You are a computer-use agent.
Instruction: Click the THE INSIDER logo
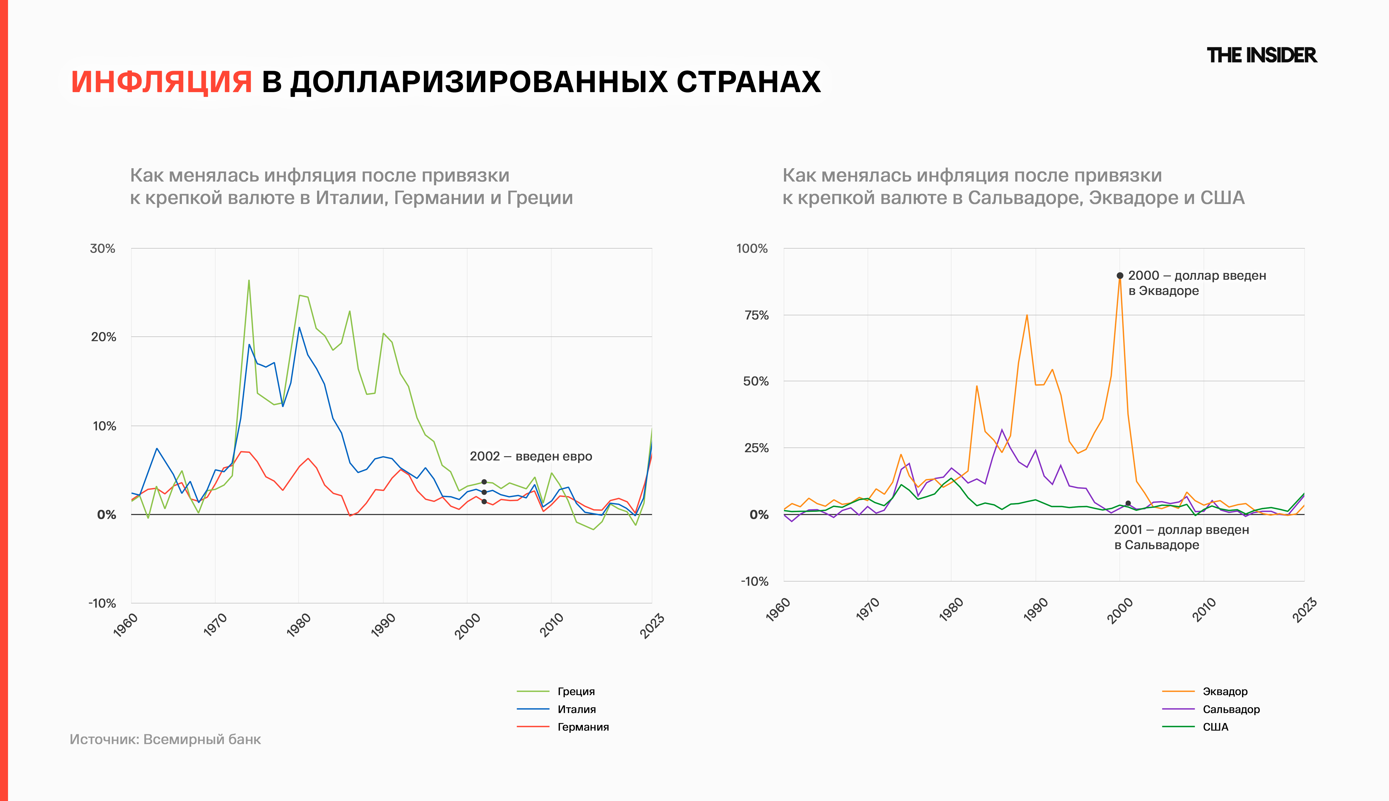(1261, 56)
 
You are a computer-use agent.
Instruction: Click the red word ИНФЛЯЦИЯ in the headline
(161, 82)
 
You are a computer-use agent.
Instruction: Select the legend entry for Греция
(576, 692)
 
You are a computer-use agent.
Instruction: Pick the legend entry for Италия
(576, 709)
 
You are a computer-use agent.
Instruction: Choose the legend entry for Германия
(583, 727)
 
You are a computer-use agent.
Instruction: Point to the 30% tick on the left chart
(103, 249)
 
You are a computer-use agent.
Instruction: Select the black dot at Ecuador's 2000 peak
(1120, 276)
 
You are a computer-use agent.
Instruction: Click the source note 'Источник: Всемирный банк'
(165, 739)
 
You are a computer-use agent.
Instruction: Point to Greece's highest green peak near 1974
(249, 281)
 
